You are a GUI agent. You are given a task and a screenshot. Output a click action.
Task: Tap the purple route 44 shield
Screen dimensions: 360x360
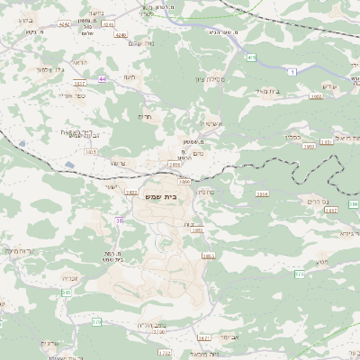click(103, 78)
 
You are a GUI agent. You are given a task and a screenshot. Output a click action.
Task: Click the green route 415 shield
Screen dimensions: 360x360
click(250, 58)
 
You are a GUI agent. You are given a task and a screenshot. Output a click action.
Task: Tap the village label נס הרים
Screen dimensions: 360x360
click(318, 201)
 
